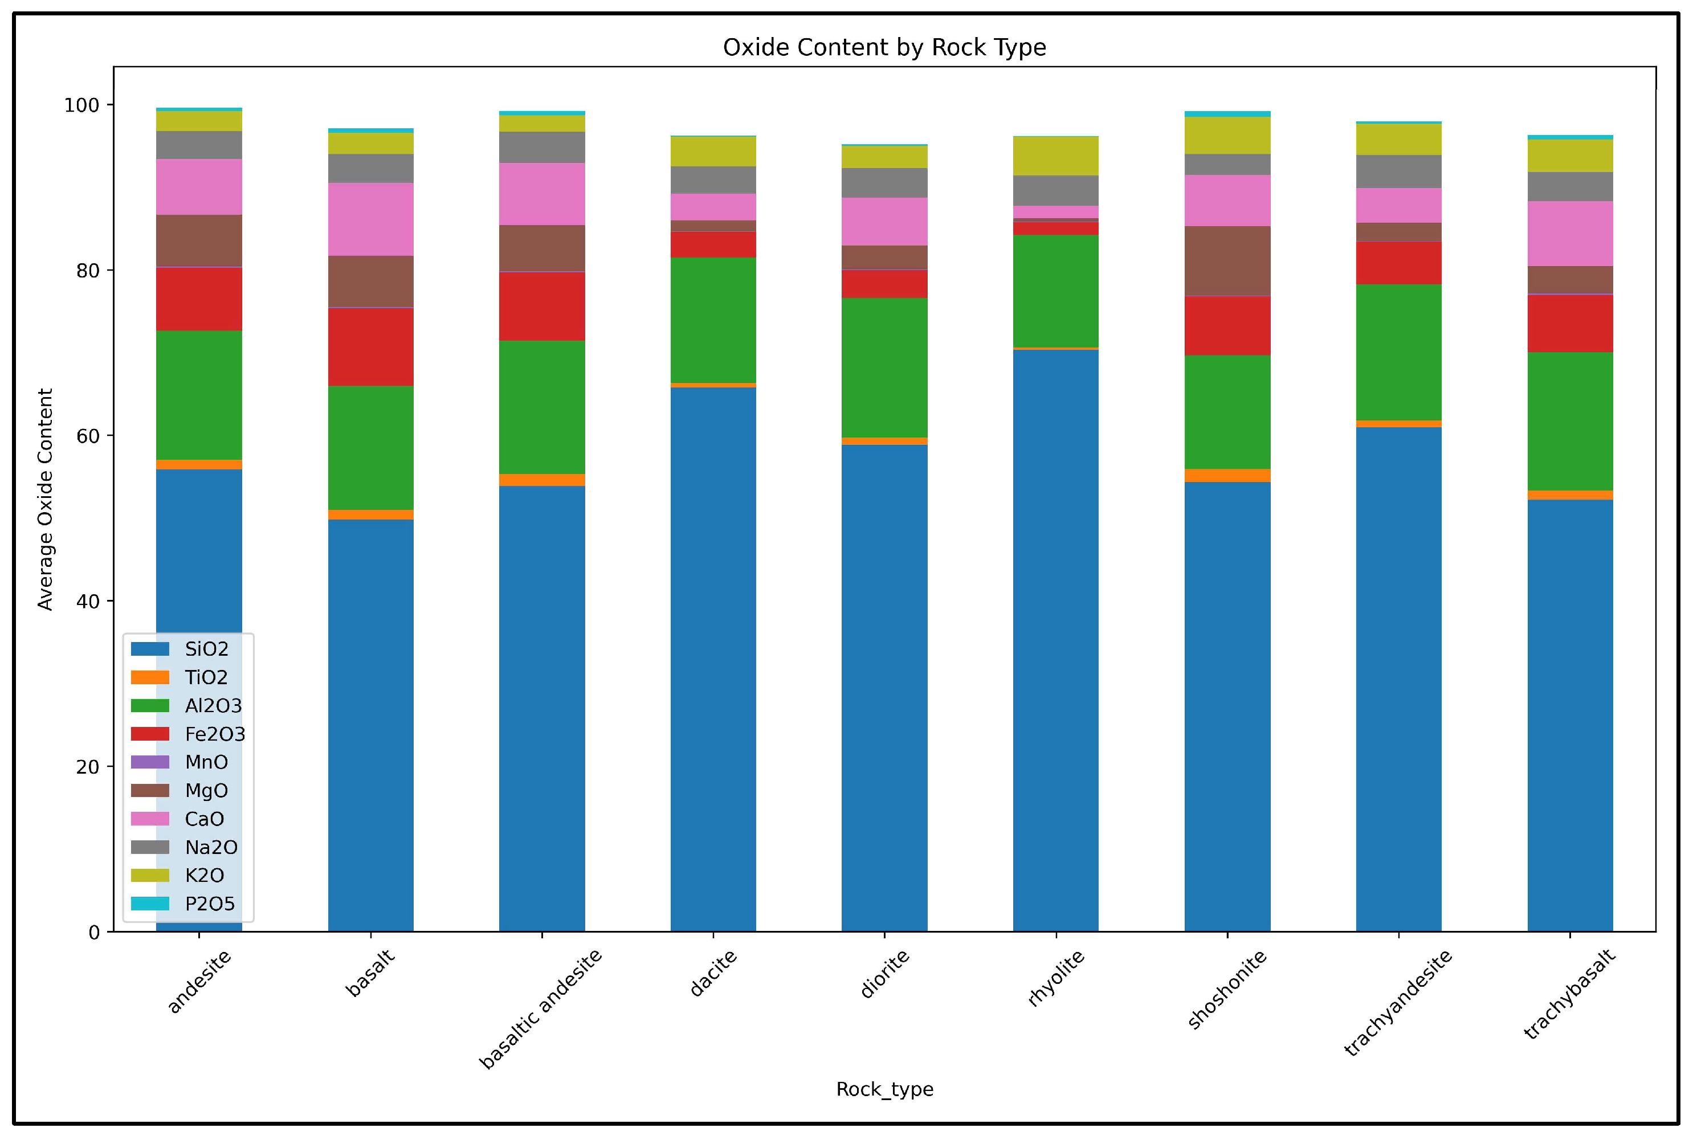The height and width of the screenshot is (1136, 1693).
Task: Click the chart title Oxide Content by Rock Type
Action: [884, 47]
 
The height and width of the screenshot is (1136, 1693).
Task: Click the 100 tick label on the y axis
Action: [81, 105]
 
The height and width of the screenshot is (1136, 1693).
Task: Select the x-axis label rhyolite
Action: [1056, 978]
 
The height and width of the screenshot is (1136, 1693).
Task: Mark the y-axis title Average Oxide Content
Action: [45, 499]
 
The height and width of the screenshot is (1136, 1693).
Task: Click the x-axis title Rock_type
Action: [884, 1089]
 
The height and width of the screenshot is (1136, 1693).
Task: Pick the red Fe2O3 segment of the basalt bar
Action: [370, 346]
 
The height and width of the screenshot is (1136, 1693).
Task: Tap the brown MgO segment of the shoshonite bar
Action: [1227, 261]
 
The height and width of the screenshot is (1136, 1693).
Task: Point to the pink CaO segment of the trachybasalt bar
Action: [1570, 233]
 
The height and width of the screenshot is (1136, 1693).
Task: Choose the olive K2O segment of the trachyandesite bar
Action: [1398, 139]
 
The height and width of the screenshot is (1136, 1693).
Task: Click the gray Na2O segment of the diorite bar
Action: [884, 182]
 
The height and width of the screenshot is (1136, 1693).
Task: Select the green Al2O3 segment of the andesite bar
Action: [199, 395]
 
